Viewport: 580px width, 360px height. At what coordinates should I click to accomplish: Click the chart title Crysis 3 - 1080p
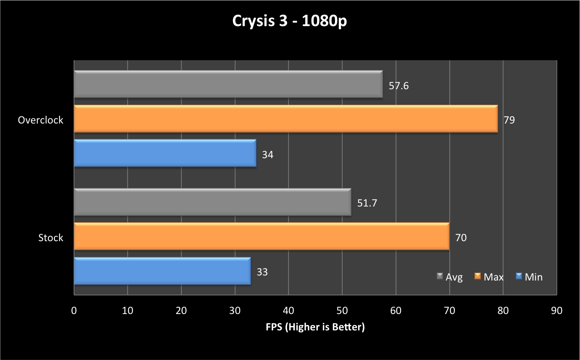pos(289,21)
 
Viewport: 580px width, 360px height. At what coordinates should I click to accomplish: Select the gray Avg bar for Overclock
pos(228,84)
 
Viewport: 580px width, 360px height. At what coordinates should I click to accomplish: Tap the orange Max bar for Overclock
pos(286,119)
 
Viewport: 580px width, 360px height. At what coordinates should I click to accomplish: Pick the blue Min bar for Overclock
pos(165,153)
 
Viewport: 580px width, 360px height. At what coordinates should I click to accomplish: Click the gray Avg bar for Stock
pos(212,202)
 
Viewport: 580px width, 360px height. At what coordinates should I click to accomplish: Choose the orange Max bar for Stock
pos(262,236)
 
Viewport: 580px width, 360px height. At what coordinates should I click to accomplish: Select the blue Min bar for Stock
pos(162,271)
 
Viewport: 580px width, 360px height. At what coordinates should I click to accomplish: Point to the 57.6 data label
pos(398,86)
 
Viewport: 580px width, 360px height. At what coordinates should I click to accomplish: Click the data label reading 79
pos(509,120)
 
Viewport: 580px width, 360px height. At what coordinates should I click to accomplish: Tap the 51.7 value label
pos(367,203)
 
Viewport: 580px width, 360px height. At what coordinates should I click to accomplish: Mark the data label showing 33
pos(262,272)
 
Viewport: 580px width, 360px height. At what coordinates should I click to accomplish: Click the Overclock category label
pos(41,120)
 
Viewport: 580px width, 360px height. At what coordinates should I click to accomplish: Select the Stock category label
pos(51,238)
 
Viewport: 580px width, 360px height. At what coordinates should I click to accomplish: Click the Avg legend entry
pos(450,277)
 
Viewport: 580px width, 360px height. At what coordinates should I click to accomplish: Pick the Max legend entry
pos(489,277)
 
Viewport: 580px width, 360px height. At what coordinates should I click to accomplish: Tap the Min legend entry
pos(529,277)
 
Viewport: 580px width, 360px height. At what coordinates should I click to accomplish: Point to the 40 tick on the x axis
pos(288,311)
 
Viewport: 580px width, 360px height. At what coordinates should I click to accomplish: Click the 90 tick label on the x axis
pos(557,311)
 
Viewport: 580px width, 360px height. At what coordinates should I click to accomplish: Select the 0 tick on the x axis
pos(74,311)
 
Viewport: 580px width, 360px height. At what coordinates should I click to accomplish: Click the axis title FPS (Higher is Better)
pos(315,327)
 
